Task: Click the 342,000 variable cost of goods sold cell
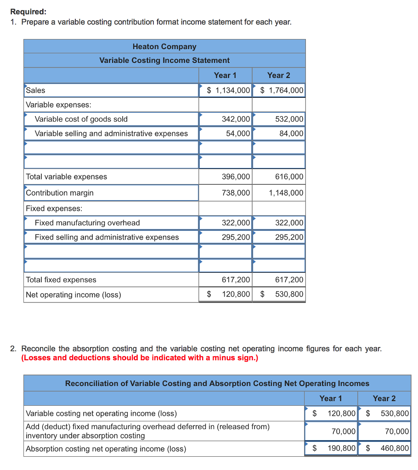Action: (x=236, y=119)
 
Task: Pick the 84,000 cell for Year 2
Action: (x=291, y=134)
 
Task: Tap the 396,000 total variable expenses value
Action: (x=236, y=177)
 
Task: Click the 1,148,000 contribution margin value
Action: (x=286, y=193)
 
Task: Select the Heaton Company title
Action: (x=164, y=46)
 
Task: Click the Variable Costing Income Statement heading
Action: (x=164, y=60)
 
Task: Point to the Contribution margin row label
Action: (x=60, y=193)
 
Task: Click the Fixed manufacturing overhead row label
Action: (x=87, y=223)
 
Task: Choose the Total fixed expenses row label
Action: (x=61, y=280)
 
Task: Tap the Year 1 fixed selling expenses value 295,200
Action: (x=236, y=237)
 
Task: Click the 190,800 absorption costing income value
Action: (x=341, y=448)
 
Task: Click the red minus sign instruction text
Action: (x=140, y=358)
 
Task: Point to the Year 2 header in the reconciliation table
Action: (x=384, y=398)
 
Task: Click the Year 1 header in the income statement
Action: (x=225, y=75)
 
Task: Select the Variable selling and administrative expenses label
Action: (x=111, y=134)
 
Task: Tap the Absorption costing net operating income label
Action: (x=106, y=448)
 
